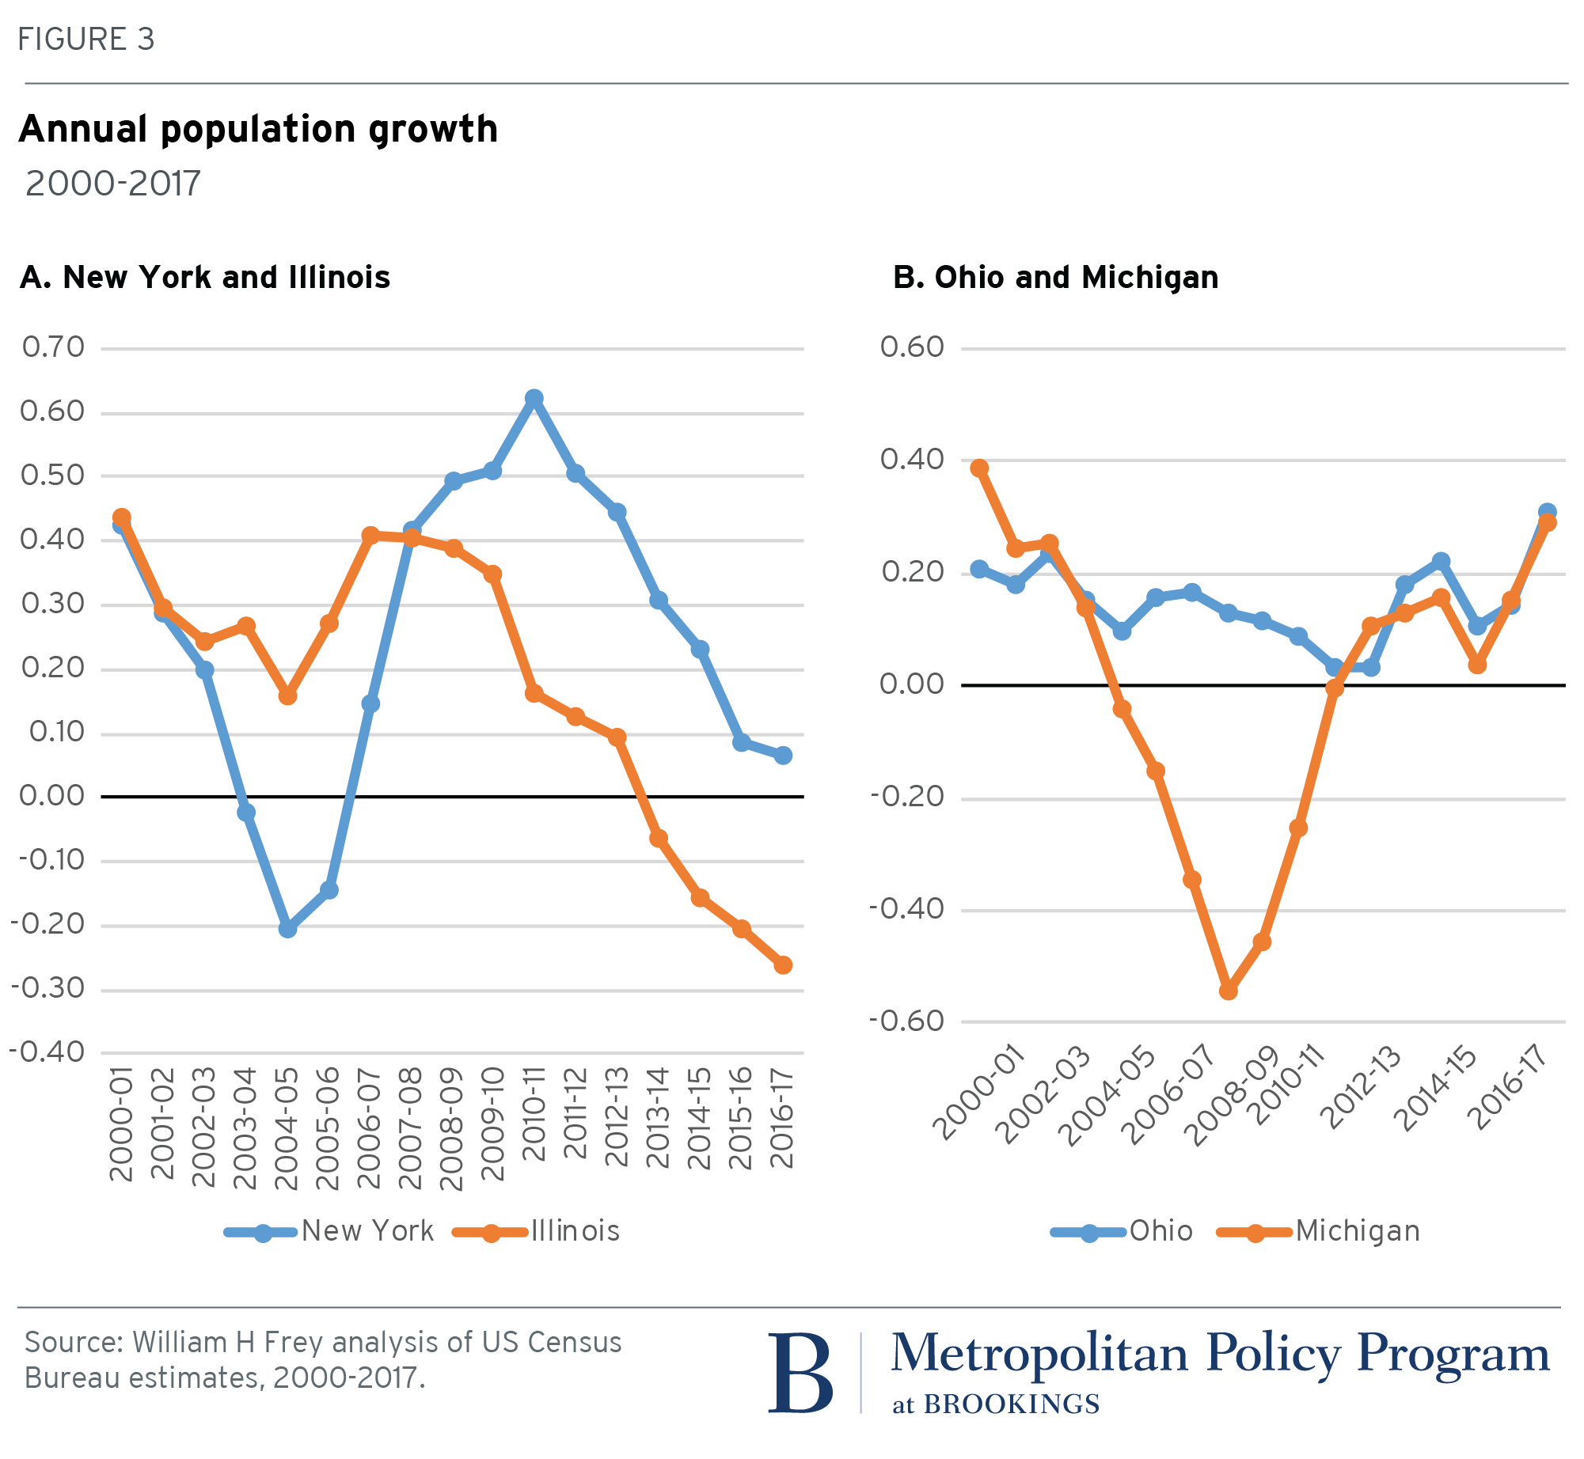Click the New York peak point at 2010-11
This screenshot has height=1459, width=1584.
pos(534,397)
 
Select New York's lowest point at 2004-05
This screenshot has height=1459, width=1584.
pos(287,929)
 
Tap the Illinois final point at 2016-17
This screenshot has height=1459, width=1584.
pos(783,965)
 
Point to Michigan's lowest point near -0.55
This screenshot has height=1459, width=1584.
pos(1228,991)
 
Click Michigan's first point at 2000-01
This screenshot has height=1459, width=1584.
pos(980,468)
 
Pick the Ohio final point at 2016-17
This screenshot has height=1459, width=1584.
pos(1547,512)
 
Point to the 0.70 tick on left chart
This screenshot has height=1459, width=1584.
pos(53,347)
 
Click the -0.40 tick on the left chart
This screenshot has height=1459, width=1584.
pos(47,1052)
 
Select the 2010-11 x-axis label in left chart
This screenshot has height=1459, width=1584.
pos(534,1114)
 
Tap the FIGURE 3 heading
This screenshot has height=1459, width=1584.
pos(85,40)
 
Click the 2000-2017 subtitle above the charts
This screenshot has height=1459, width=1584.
pos(113,184)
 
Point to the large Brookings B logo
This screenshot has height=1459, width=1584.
pos(800,1374)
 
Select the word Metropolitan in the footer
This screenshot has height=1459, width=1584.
pos(1039,1355)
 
